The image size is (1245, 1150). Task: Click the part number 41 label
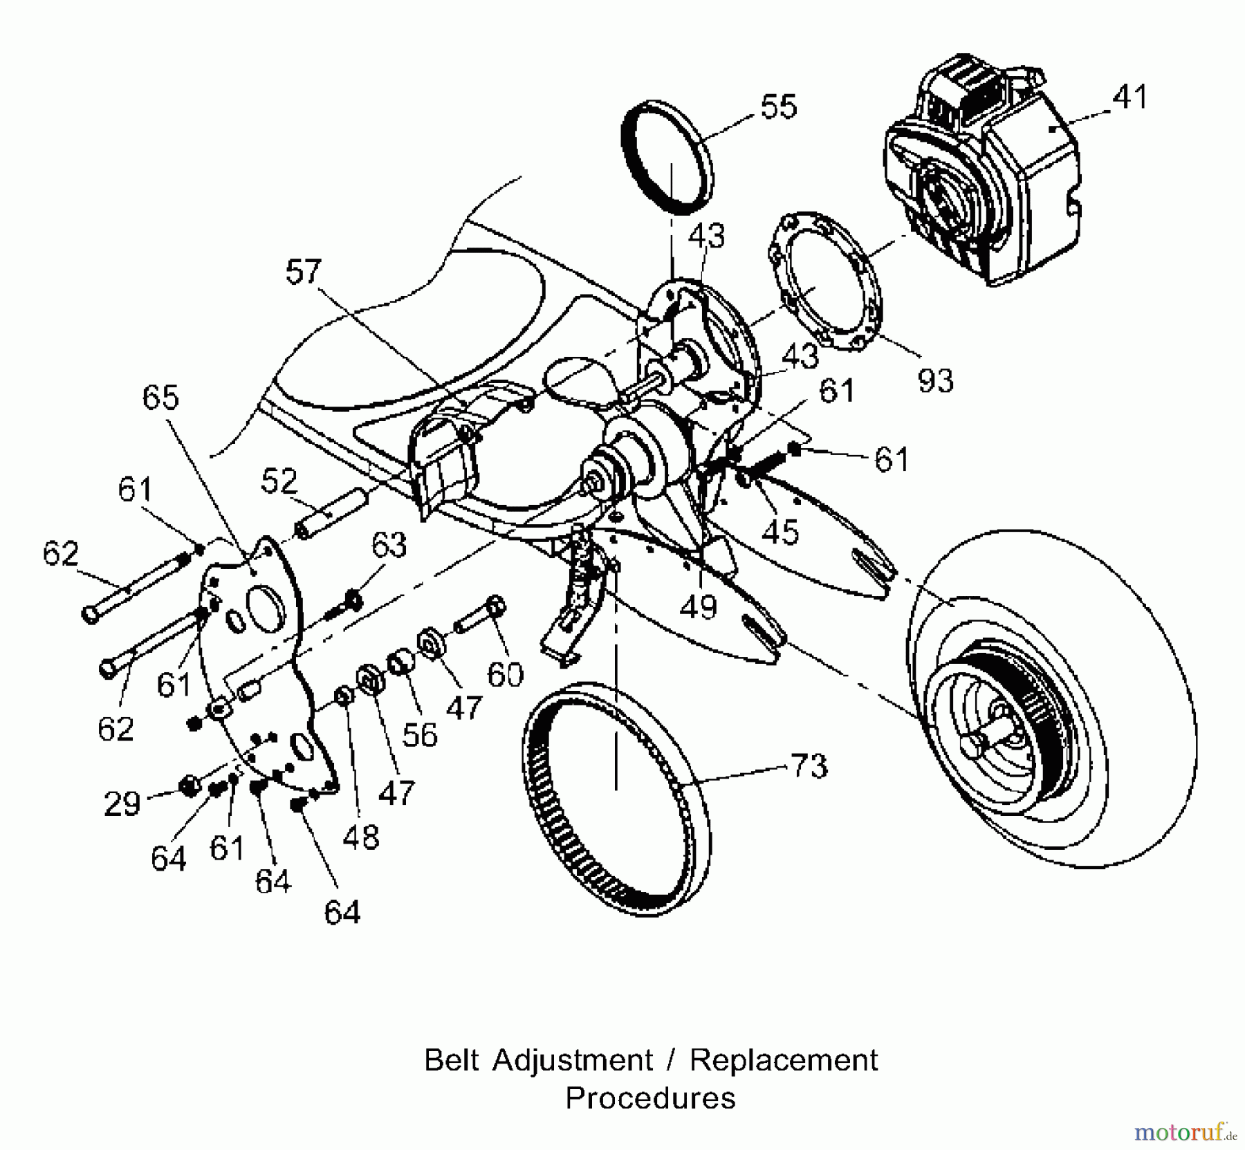pyautogui.click(x=1130, y=98)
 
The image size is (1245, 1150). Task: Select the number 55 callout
pyautogui.click(x=778, y=107)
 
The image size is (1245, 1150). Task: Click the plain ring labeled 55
pyautogui.click(x=667, y=158)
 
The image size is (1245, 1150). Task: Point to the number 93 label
pyautogui.click(x=935, y=380)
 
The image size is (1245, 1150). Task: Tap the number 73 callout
pyautogui.click(x=809, y=766)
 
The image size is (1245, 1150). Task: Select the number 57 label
pyautogui.click(x=304, y=272)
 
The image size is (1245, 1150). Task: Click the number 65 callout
pyautogui.click(x=160, y=398)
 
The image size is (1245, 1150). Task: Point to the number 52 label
pyautogui.click(x=279, y=481)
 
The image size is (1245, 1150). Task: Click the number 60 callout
pyautogui.click(x=505, y=674)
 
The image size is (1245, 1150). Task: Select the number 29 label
pyautogui.click(x=122, y=804)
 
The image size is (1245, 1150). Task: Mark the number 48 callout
pyautogui.click(x=360, y=837)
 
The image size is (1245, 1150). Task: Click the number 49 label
pyautogui.click(x=698, y=606)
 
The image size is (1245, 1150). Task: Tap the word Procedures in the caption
pyautogui.click(x=650, y=1097)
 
